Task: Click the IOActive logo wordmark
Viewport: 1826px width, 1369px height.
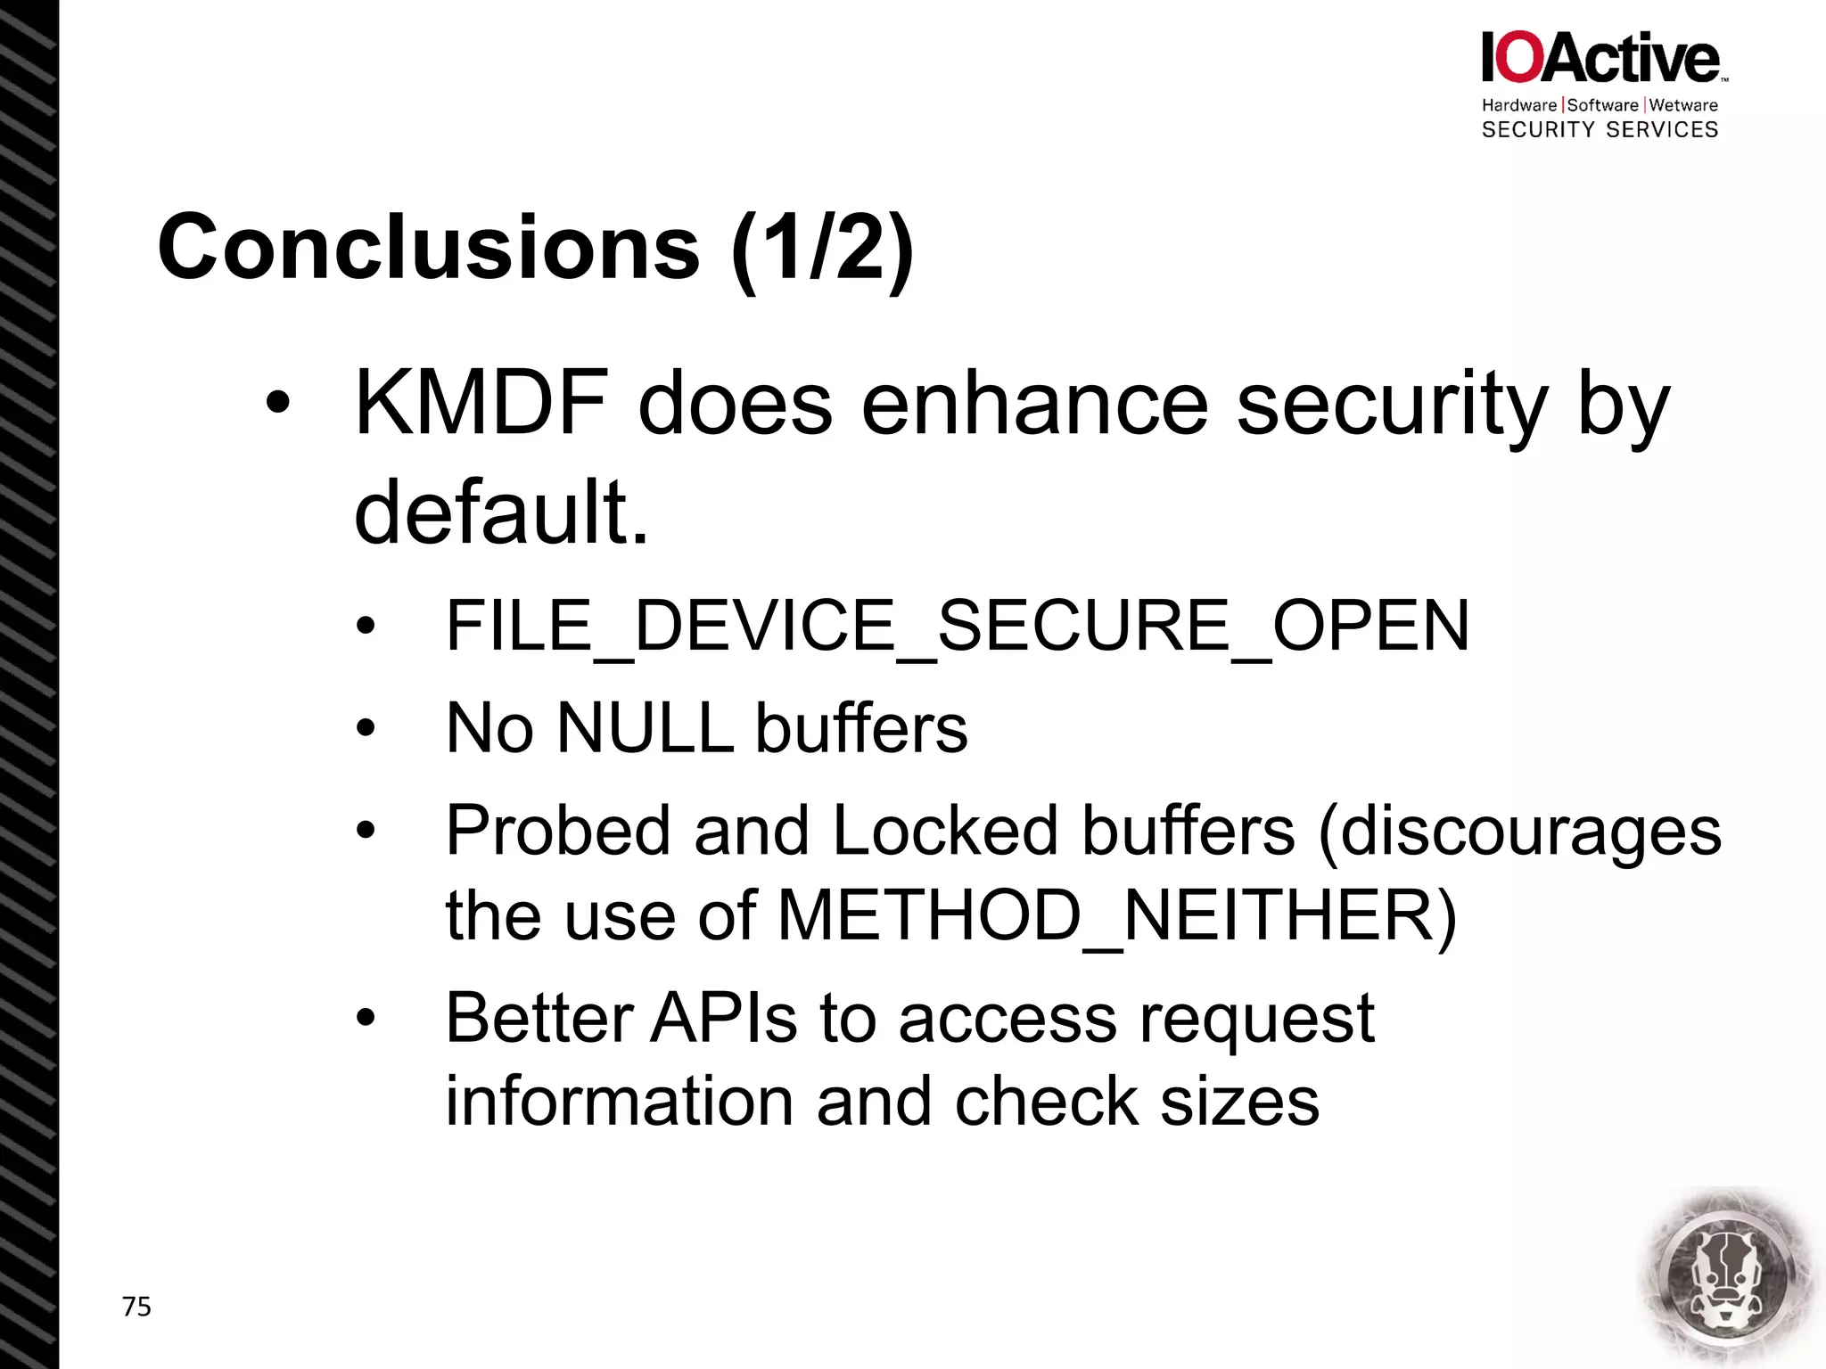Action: click(x=1600, y=59)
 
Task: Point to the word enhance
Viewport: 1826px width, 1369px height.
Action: click(x=1034, y=406)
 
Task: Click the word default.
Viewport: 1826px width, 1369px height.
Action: click(x=501, y=512)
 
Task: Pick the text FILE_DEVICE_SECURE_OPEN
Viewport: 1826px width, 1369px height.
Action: click(x=957, y=626)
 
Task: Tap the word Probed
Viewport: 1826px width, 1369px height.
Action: click(x=558, y=831)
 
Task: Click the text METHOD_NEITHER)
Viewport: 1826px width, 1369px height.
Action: click(x=1116, y=915)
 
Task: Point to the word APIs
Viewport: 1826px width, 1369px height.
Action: click(x=723, y=1018)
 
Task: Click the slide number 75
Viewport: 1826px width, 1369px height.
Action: click(x=136, y=1307)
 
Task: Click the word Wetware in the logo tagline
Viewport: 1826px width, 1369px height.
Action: click(x=1683, y=105)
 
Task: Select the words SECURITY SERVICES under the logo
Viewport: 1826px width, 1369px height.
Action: click(x=1600, y=130)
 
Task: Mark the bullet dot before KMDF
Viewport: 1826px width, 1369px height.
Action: click(x=277, y=403)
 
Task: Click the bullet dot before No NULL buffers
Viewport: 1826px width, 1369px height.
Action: click(x=366, y=729)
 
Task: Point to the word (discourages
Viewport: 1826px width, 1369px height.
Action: click(x=1519, y=831)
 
